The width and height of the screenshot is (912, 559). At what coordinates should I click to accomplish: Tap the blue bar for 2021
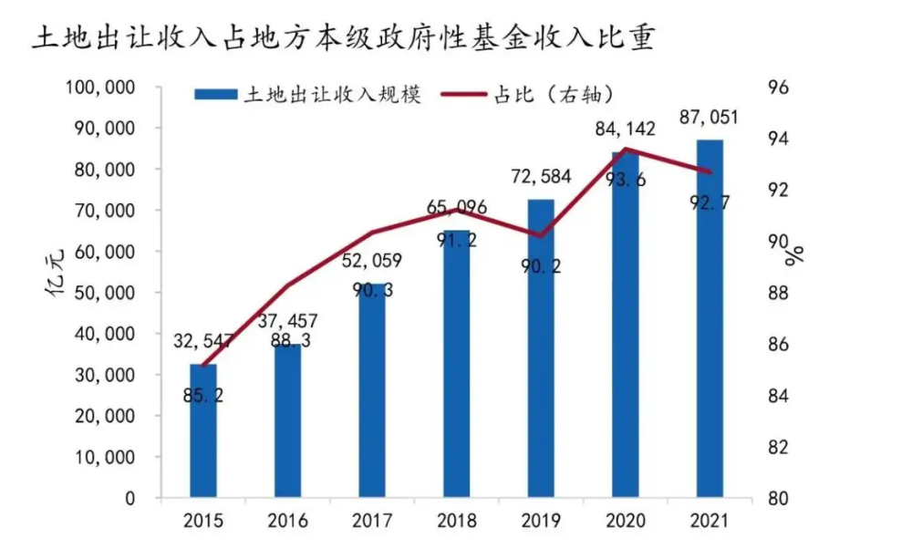710,319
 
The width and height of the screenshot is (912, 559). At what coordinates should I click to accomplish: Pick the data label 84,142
626,129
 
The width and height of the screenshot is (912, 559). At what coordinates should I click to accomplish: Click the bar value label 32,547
202,343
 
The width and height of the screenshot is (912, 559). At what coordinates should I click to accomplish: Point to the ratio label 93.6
626,180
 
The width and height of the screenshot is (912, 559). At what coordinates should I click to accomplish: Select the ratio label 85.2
202,397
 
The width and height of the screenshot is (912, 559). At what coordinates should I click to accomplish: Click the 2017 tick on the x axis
372,521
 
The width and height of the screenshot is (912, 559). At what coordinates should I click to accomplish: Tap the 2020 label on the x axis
626,521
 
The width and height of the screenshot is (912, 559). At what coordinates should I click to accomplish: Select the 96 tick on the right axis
779,88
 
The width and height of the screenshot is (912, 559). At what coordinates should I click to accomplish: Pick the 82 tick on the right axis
779,448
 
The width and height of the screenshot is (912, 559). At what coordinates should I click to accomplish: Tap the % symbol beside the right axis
795,254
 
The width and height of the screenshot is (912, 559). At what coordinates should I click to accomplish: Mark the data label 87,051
710,117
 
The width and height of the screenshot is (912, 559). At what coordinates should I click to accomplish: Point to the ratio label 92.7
710,202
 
